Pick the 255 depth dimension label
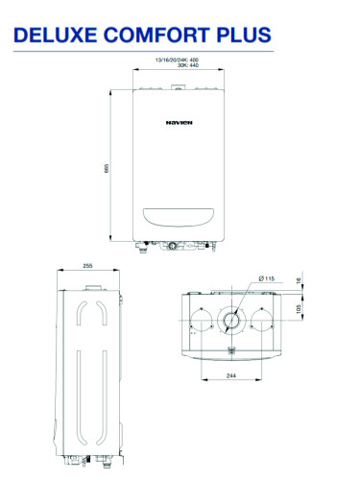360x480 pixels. point(87,266)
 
